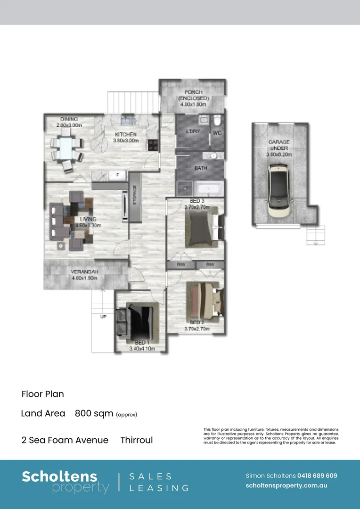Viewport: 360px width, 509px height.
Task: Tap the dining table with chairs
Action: click(66, 149)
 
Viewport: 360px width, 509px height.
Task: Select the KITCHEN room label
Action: click(125, 134)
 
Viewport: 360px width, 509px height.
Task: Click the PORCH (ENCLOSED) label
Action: click(193, 95)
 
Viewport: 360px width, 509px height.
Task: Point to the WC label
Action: click(217, 133)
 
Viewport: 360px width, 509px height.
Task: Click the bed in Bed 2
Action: click(205, 299)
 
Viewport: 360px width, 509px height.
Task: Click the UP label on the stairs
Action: click(103, 316)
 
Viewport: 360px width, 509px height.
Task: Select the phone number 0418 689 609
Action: click(317, 476)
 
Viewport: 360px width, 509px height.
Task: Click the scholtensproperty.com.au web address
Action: click(286, 485)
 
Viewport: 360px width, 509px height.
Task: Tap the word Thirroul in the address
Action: click(136, 440)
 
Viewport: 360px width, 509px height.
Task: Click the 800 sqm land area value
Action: click(94, 414)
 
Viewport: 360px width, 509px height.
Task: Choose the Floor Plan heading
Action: click(42, 394)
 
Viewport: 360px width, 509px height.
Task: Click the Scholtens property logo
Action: click(65, 482)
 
